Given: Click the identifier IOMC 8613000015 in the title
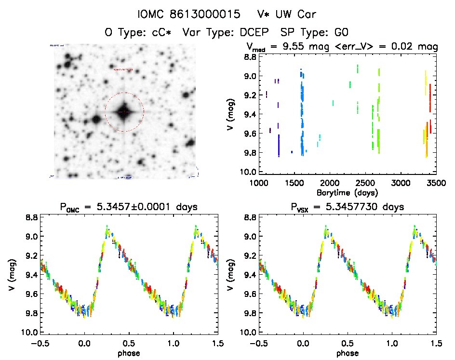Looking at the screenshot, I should pyautogui.click(x=189, y=14).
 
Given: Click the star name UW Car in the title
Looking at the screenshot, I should pyautogui.click(x=295, y=14).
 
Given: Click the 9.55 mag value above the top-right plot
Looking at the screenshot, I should pyautogui.click(x=298, y=47).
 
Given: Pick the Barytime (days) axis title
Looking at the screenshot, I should pyautogui.click(x=347, y=193).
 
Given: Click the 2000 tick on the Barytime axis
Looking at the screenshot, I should pyautogui.click(x=330, y=184).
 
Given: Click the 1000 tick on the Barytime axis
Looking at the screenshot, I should pyautogui.click(x=259, y=184).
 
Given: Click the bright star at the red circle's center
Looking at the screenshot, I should pyautogui.click(x=124, y=112).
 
